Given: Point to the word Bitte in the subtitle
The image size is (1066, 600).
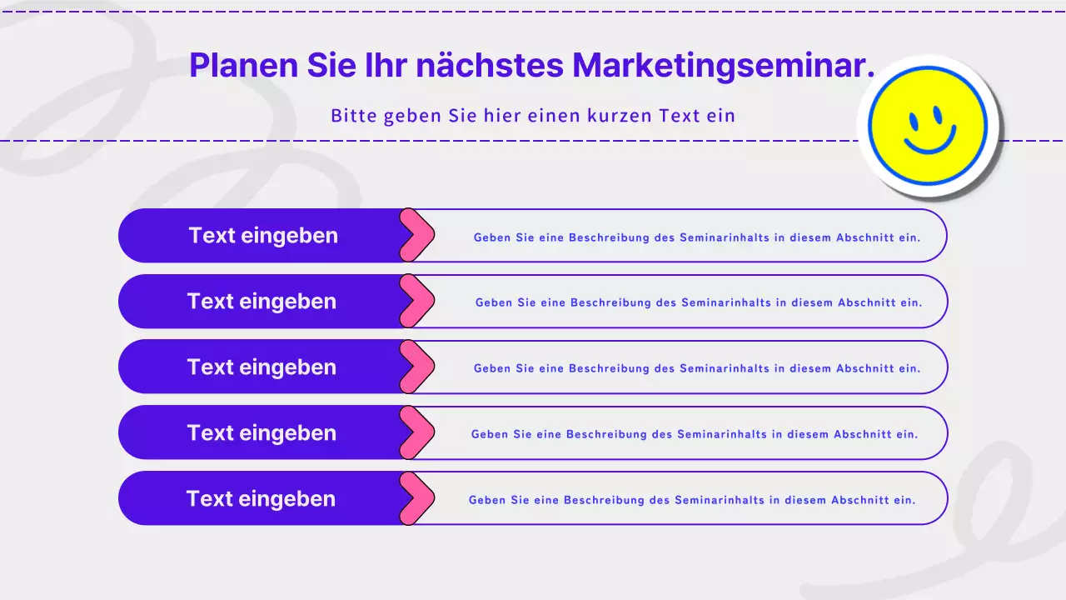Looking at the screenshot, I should (354, 115).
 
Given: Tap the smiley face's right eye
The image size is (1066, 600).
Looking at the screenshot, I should (938, 113).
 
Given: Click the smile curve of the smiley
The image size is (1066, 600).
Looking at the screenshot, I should (929, 145).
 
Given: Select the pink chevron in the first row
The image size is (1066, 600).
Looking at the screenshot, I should (418, 235).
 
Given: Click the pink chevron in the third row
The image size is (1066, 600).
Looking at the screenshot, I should (418, 367).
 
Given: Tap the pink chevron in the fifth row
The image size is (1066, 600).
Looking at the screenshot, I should (418, 498).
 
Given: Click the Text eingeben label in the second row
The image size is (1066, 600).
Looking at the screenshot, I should (262, 301).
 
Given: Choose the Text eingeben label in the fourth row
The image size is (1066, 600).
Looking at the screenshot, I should (262, 432).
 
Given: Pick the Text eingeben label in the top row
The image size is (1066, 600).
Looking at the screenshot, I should (263, 235).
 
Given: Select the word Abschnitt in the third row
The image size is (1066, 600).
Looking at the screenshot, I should (865, 368).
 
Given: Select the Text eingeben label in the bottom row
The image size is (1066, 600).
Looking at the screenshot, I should (261, 498).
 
